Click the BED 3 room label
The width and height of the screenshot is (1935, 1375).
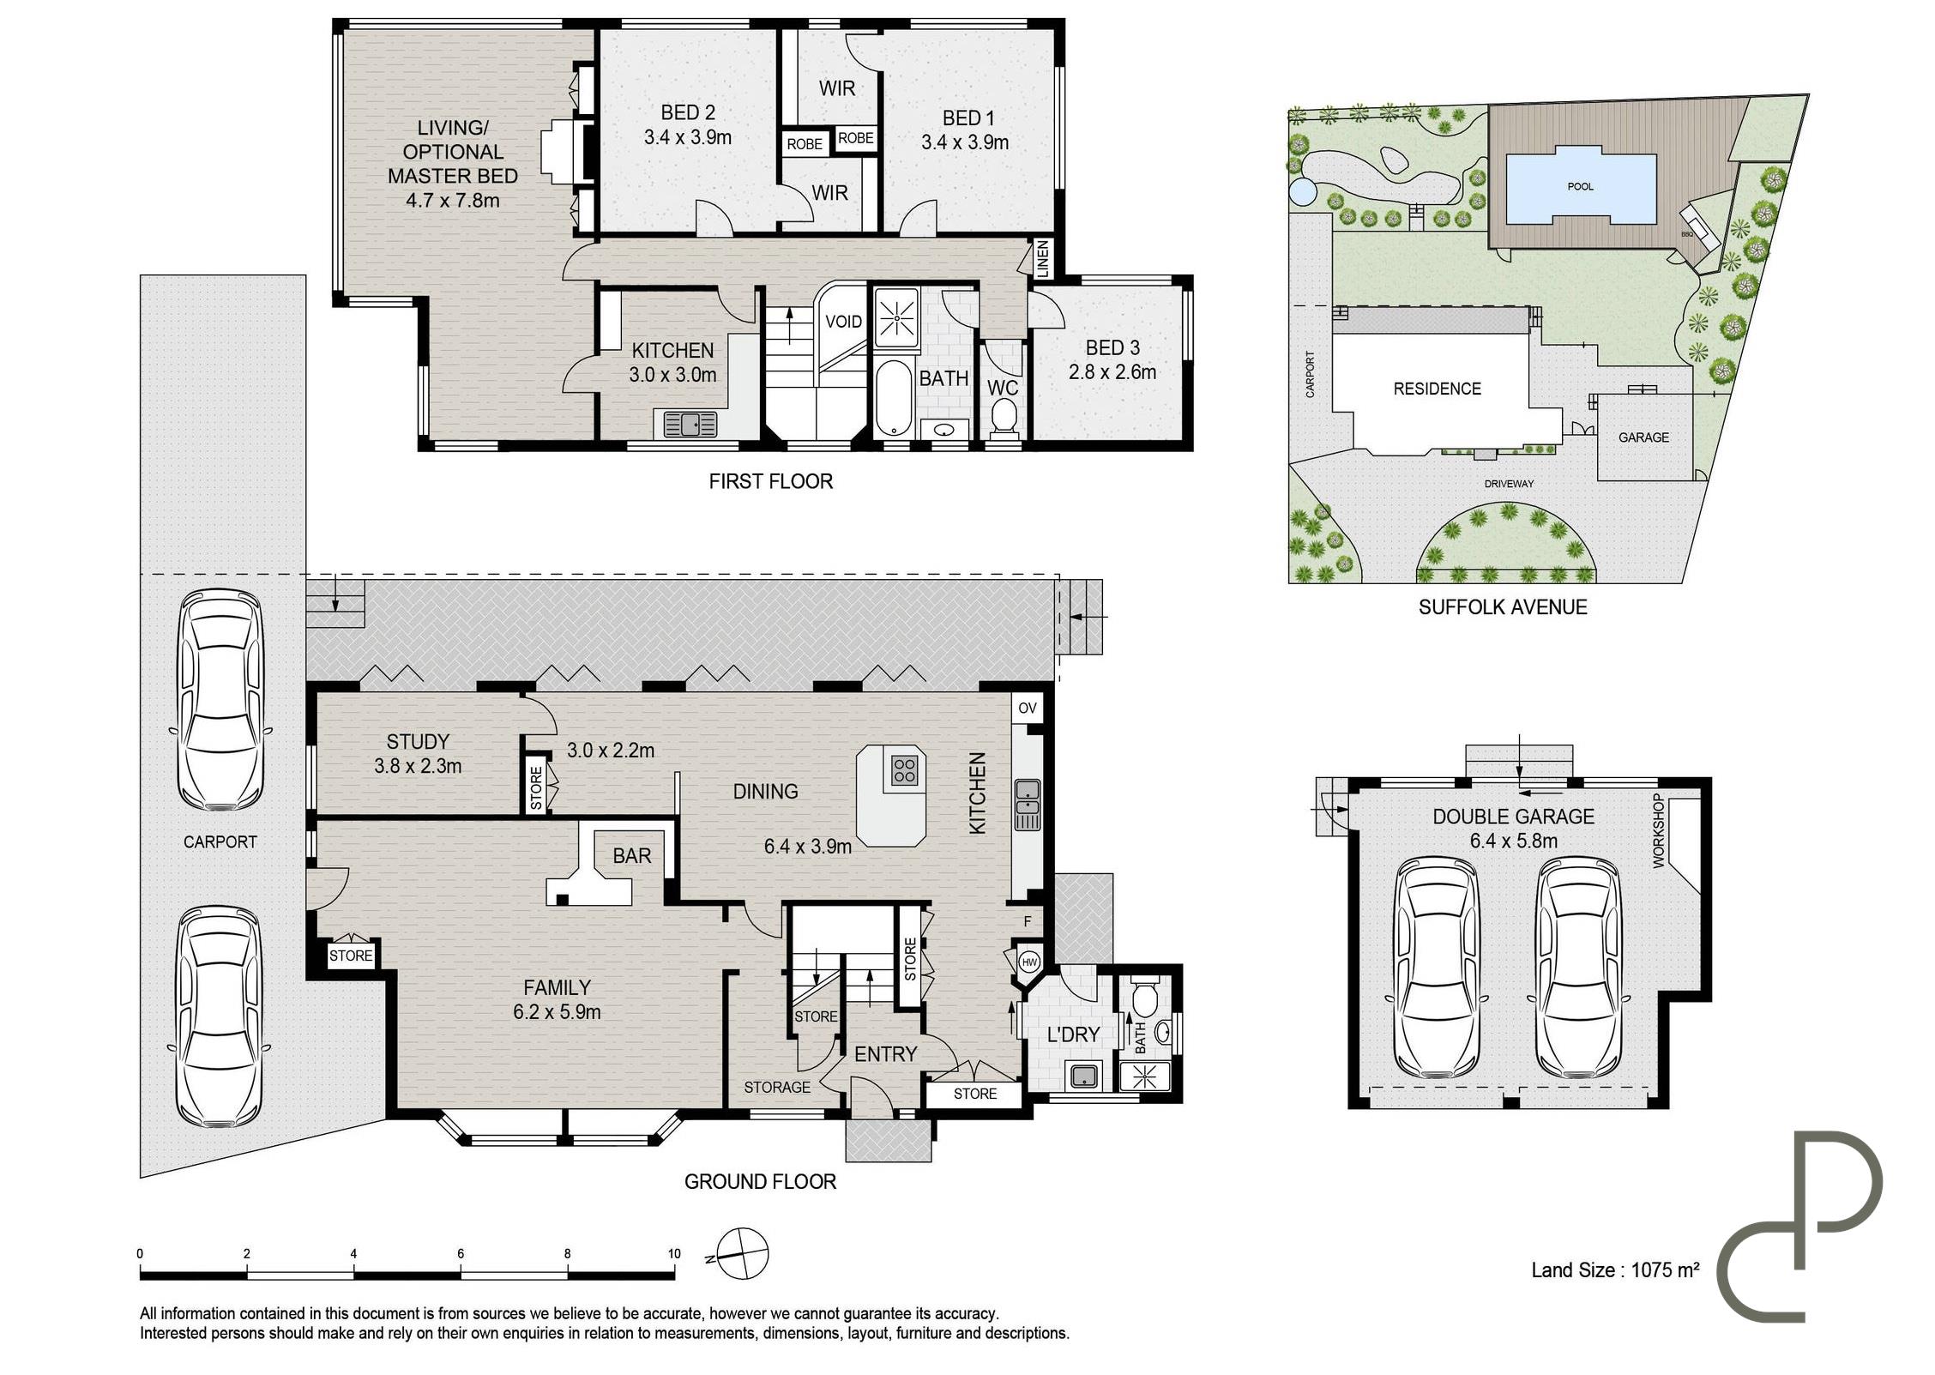click(x=1112, y=347)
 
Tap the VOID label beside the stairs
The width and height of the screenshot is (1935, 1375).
click(x=843, y=322)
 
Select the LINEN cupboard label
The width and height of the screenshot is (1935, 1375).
click(x=1042, y=258)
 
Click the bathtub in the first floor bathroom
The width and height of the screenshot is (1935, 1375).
click(x=895, y=398)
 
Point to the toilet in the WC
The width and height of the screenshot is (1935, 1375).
click(x=1003, y=417)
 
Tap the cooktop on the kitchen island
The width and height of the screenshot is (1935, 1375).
click(x=904, y=769)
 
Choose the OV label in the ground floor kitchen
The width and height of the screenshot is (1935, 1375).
click(x=1027, y=708)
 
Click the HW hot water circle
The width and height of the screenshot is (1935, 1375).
click(x=1029, y=962)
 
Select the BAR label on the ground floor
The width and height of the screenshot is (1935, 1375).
click(x=632, y=855)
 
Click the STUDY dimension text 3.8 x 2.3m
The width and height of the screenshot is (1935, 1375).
click(x=418, y=765)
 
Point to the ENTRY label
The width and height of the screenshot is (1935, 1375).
click(x=886, y=1054)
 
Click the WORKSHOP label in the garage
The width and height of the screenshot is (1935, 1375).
click(x=1658, y=831)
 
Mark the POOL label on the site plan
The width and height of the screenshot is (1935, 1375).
click(x=1580, y=186)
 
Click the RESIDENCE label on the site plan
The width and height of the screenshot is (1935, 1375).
click(x=1438, y=389)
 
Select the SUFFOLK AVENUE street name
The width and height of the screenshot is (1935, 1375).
click(x=1503, y=607)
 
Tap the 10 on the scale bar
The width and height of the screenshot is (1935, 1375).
click(x=674, y=1253)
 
